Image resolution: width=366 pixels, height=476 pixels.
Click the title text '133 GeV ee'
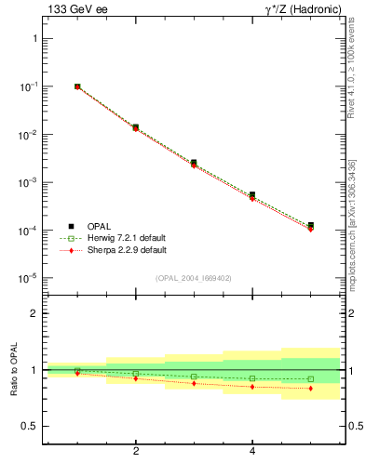74,9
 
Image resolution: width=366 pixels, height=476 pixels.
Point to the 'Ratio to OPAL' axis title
14,370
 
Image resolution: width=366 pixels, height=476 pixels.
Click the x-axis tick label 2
136,452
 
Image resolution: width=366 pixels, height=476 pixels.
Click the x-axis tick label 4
252,452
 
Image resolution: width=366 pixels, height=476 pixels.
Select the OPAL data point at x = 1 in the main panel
77,86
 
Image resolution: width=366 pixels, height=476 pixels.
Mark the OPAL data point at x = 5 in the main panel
310,225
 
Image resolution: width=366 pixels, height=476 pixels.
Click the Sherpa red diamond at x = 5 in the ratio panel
310,389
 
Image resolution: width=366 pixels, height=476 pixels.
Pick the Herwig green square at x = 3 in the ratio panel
194,377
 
